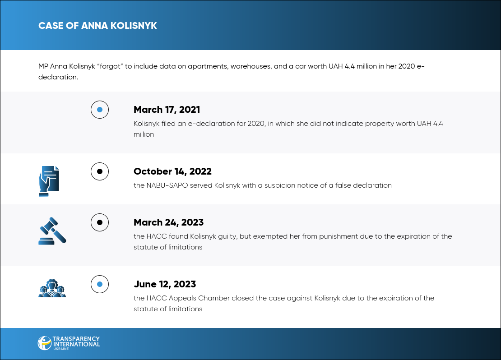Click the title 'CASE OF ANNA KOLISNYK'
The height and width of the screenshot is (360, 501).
pyautogui.click(x=97, y=26)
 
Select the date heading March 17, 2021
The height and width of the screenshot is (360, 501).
pyautogui.click(x=167, y=110)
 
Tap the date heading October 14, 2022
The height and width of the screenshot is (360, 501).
pyautogui.click(x=172, y=171)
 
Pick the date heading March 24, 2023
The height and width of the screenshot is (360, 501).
pyautogui.click(x=169, y=222)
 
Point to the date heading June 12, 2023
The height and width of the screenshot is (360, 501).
pyautogui.click(x=165, y=284)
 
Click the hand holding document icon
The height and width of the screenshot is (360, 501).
pyautogui.click(x=49, y=181)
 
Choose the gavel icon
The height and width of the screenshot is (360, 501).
pyautogui.click(x=52, y=231)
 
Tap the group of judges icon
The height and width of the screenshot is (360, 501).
pyautogui.click(x=52, y=288)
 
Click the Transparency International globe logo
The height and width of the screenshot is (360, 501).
pyautogui.click(x=44, y=343)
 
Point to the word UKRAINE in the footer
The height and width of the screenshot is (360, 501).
pyautogui.click(x=61, y=349)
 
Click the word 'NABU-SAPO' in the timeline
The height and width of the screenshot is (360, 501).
pyautogui.click(x=167, y=185)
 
